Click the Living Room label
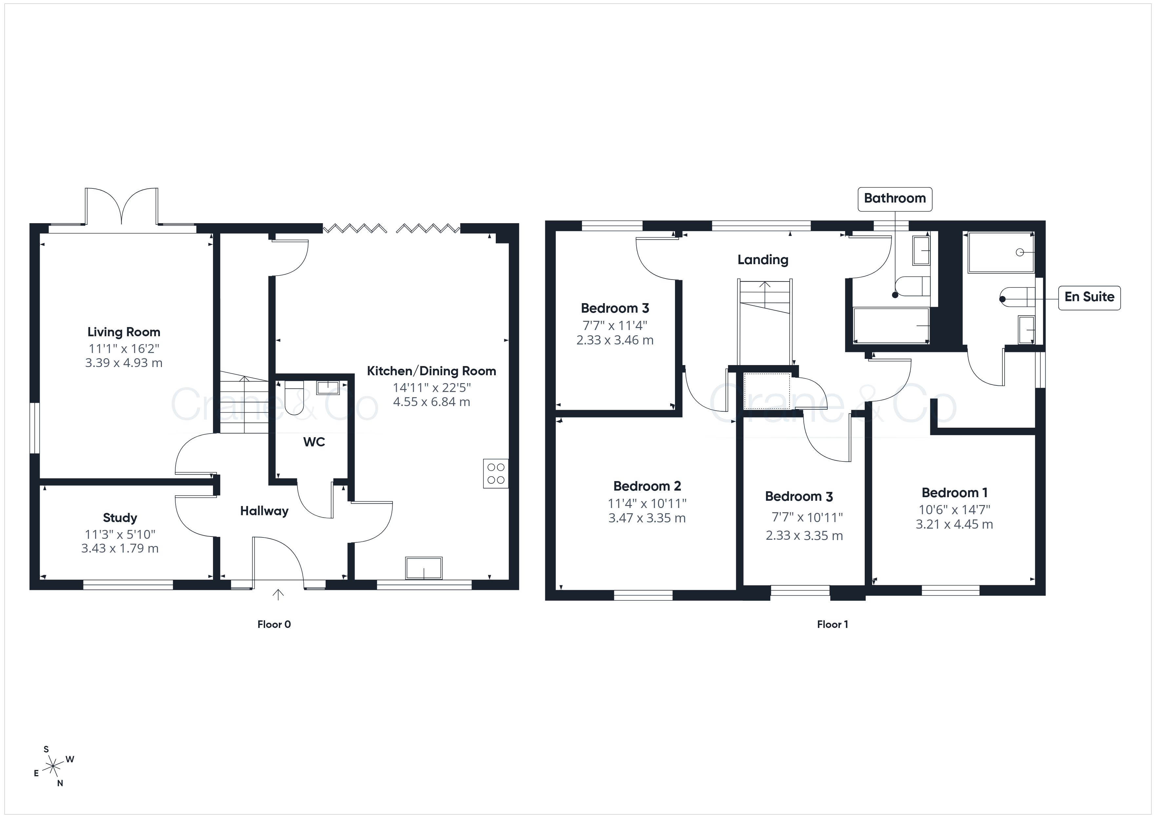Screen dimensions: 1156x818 coord(124,332)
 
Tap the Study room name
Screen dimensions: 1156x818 coord(120,518)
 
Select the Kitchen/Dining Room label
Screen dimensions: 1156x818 coord(432,371)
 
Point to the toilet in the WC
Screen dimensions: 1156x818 coord(294,398)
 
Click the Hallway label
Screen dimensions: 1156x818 coord(264,511)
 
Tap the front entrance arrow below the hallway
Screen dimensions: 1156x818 coord(278,595)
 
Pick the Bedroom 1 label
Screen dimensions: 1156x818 coord(954,493)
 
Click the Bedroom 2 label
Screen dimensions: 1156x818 coord(647,486)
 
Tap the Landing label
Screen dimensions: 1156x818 coord(763,260)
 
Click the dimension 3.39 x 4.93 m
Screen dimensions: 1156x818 coord(124,363)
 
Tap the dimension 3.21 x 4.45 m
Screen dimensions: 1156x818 coord(954,524)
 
